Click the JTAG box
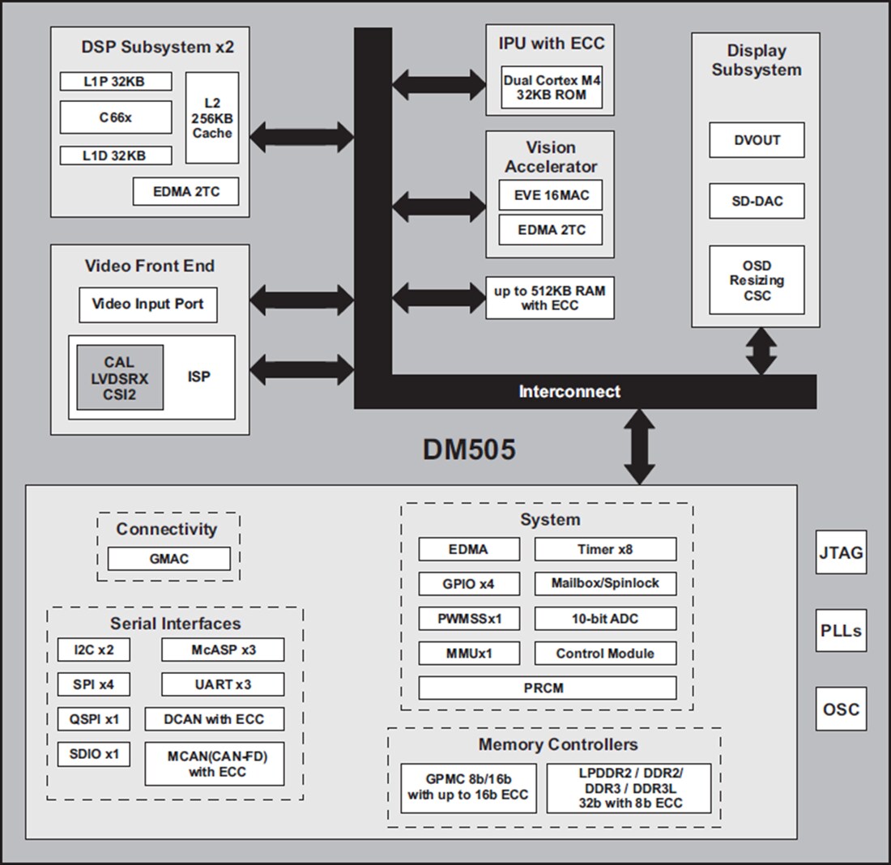841,553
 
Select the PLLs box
841,631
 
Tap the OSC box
841,709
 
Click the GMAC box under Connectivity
169,559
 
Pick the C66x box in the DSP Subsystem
116,117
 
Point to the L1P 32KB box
116,81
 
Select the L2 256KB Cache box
212,117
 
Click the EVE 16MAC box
551,195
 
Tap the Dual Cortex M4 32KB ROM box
552,87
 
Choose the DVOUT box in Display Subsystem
757,140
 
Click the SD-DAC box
757,201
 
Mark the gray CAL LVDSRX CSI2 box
120,377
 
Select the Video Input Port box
148,305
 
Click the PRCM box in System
547,688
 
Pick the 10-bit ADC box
605,619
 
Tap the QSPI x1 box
94,718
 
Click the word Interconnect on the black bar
569,392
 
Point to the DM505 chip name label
468,450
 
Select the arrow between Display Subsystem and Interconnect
761,351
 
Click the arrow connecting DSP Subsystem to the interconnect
302,137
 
